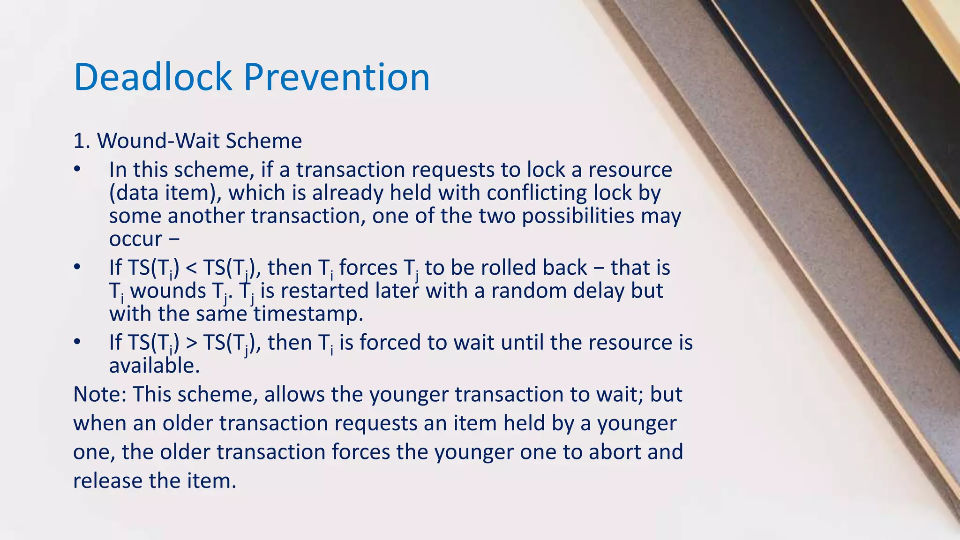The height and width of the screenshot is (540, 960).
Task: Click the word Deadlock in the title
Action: tap(153, 77)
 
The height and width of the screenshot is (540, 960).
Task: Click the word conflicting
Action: tap(537, 193)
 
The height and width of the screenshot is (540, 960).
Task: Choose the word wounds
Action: tap(168, 291)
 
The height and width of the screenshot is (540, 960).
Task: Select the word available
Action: tap(154, 366)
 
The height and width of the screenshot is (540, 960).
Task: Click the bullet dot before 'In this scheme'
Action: tap(77, 170)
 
